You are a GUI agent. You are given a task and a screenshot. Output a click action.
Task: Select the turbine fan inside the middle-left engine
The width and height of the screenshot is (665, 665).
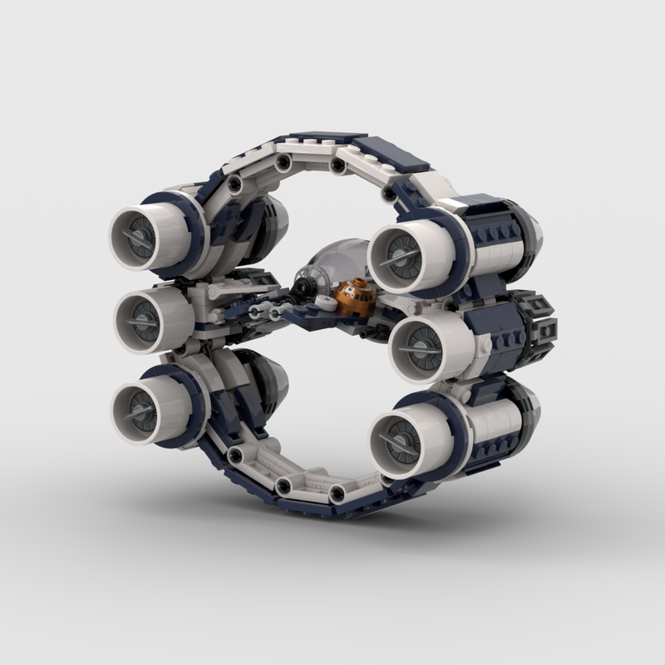point(140,315)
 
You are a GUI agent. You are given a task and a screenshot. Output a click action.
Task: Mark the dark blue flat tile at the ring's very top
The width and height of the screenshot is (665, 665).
point(331,135)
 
